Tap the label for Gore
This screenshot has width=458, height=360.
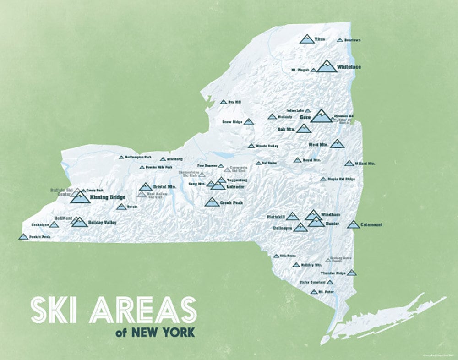(305, 118)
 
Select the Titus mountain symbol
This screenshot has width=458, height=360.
(307, 38)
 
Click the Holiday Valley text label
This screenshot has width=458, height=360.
(102, 223)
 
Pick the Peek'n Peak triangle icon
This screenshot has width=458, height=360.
(23, 236)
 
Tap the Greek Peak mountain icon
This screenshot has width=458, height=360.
(212, 202)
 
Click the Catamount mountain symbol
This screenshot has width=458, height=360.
(353, 224)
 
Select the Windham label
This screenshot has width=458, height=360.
(331, 214)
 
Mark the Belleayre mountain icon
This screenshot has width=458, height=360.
(300, 227)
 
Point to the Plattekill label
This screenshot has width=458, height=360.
(276, 216)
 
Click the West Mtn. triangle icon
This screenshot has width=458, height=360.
(337, 144)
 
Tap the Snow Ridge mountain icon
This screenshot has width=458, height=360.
(248, 122)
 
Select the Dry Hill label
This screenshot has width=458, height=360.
(234, 102)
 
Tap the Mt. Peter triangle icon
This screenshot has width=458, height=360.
(314, 292)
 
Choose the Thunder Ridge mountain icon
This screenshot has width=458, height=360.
(351, 273)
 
